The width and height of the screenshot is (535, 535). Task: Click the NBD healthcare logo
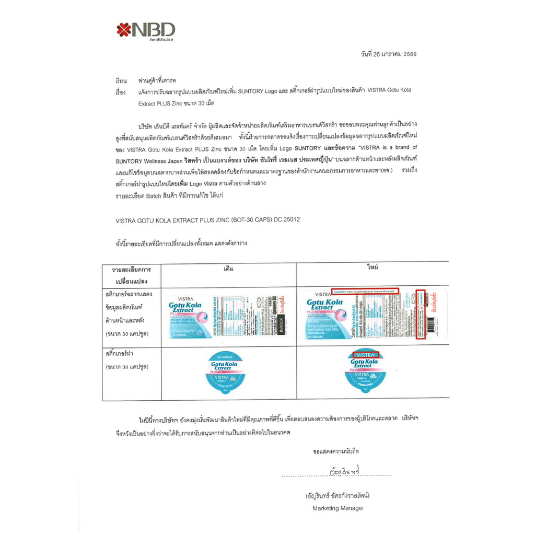[146, 30]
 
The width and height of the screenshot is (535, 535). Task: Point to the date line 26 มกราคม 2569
[388, 54]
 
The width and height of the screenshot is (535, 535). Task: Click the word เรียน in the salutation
[121, 82]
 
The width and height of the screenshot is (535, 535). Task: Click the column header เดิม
[228, 269]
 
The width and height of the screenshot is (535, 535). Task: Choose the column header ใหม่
[373, 267]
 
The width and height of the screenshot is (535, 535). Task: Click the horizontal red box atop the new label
[365, 290]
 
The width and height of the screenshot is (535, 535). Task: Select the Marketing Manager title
[338, 508]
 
